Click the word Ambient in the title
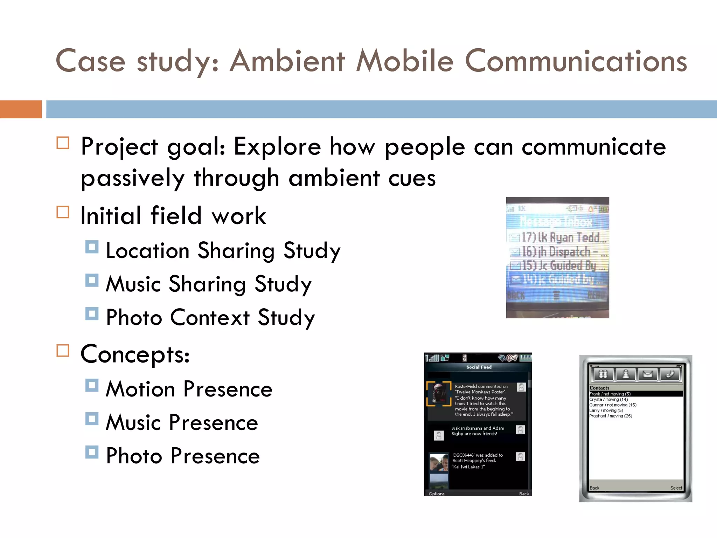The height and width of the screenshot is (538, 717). [287, 61]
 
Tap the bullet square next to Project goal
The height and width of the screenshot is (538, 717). [63, 143]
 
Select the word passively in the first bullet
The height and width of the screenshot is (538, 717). [132, 178]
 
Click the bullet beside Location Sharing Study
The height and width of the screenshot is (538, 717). [92, 247]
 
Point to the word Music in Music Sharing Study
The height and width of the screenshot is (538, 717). [133, 284]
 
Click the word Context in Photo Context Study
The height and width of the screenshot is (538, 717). [210, 317]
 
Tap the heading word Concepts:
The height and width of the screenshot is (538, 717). [135, 354]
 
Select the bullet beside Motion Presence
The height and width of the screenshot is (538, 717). [92, 385]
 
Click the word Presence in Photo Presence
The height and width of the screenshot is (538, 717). [215, 456]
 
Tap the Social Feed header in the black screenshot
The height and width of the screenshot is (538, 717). [479, 367]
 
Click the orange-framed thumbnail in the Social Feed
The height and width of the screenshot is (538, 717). [438, 393]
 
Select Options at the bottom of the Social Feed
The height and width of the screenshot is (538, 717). [436, 494]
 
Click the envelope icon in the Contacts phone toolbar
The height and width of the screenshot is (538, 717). [647, 374]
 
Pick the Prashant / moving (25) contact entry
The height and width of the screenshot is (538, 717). [610, 416]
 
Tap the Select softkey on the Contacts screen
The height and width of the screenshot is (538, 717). [676, 488]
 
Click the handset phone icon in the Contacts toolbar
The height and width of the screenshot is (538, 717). [669, 374]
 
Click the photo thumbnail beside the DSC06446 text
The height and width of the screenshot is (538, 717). [439, 463]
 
